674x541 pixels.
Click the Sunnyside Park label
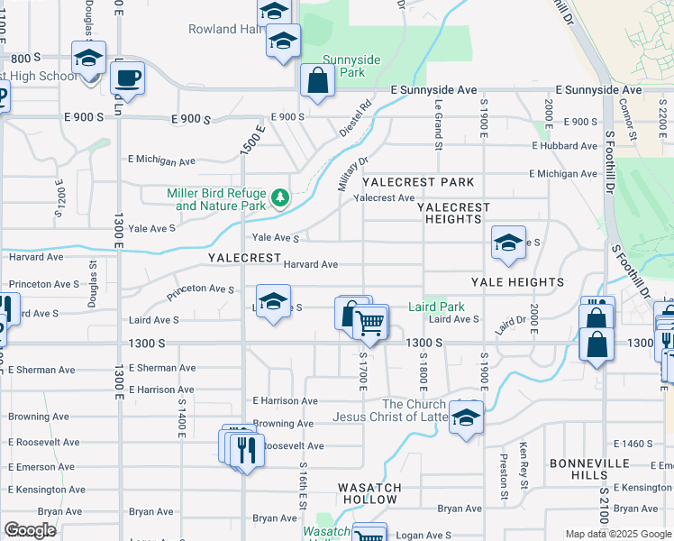click(352, 65)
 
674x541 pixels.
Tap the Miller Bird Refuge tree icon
click(279, 197)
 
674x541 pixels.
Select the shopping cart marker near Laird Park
click(370, 322)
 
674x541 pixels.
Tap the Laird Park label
click(436, 307)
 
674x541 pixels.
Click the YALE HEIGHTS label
click(517, 282)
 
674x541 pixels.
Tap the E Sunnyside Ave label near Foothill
click(598, 90)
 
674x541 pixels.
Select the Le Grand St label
click(439, 124)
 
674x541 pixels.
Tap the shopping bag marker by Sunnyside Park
click(317, 81)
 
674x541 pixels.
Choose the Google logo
click(30, 530)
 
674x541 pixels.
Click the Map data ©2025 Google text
click(618, 534)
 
